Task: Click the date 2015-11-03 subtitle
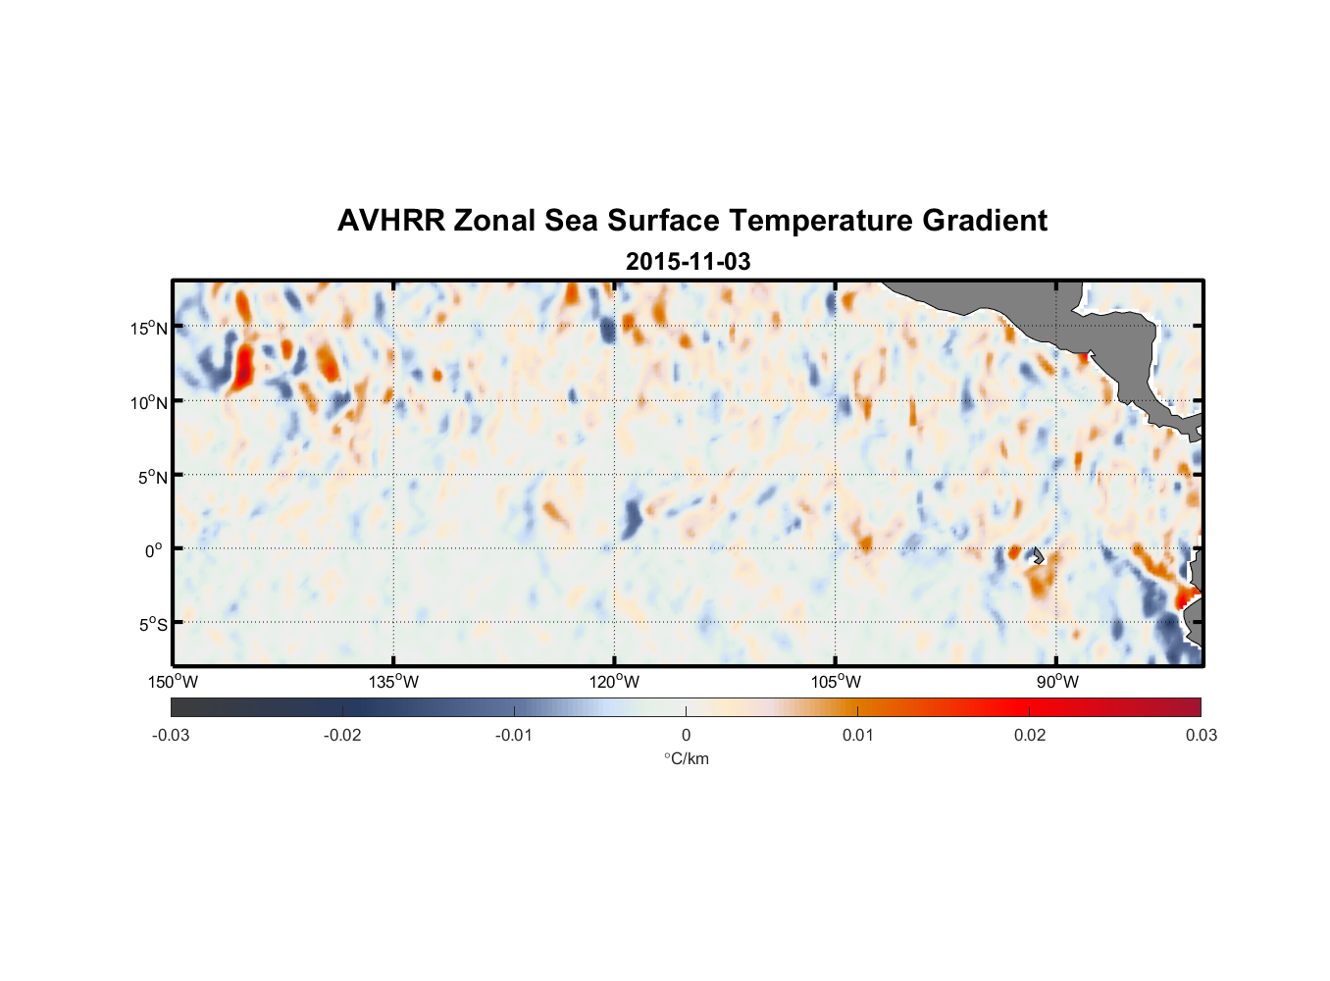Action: [688, 262]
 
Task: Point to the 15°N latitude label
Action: [149, 328]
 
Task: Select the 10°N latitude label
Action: [149, 402]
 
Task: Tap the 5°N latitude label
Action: [152, 477]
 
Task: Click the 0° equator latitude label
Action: [154, 550]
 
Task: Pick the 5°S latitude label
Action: [152, 625]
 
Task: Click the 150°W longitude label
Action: [174, 682]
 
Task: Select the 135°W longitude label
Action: [393, 682]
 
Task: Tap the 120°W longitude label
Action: [615, 682]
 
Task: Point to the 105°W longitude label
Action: [836, 682]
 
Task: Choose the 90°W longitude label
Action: [1057, 682]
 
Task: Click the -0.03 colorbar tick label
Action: [171, 735]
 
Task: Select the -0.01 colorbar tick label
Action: [514, 735]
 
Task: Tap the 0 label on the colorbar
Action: [686, 735]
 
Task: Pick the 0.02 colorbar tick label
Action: [1030, 735]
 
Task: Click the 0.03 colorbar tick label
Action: [1201, 735]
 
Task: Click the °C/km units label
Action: [686, 758]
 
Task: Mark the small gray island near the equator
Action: [1037, 555]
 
